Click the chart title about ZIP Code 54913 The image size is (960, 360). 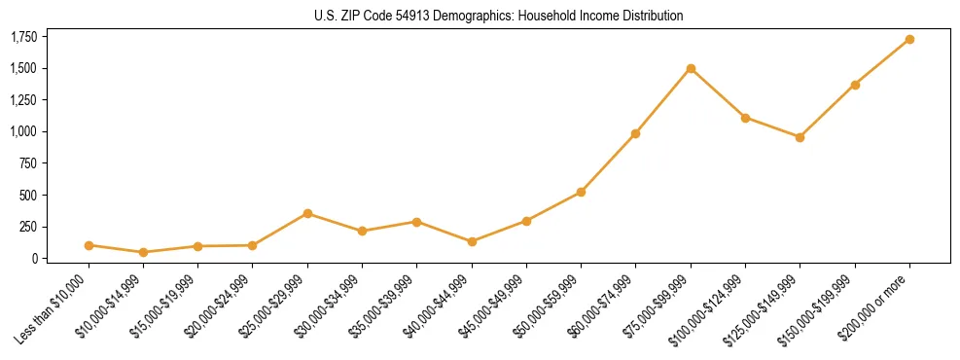[x=499, y=16]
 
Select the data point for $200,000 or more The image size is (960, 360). [x=909, y=39]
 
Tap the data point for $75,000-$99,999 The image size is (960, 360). [x=691, y=68]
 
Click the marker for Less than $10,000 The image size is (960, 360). [x=89, y=245]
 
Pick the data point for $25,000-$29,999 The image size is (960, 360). [x=307, y=213]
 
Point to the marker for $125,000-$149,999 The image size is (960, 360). [x=800, y=137]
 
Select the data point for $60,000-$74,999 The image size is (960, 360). [x=635, y=133]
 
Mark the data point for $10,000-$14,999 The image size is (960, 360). [x=143, y=252]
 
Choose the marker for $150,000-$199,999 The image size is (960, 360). [x=855, y=85]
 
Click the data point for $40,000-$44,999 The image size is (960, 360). [x=472, y=241]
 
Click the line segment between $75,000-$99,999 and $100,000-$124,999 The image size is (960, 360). [x=718, y=93]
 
